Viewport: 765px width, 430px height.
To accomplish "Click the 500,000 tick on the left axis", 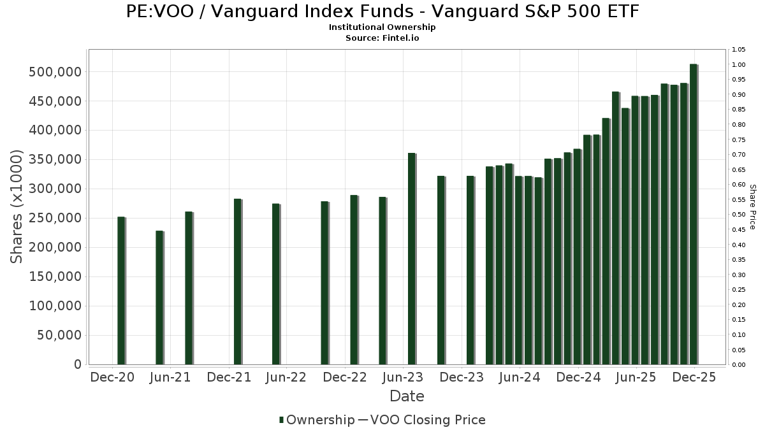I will tap(55, 72).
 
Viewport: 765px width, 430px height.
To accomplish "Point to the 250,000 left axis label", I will tap(55, 218).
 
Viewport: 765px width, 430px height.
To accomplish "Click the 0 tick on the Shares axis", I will tap(77, 364).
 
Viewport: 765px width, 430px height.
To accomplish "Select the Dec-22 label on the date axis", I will tap(345, 378).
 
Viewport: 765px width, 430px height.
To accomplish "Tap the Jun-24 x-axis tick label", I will tap(520, 378).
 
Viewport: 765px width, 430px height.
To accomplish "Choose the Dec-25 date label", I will tap(694, 378).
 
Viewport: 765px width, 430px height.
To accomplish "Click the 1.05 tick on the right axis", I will tap(739, 50).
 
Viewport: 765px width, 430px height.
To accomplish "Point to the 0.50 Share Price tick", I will tap(739, 215).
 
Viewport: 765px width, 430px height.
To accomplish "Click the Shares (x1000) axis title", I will tap(17, 206).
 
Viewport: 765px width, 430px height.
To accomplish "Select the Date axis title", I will tap(407, 396).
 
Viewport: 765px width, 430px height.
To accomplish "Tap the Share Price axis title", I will tap(752, 206).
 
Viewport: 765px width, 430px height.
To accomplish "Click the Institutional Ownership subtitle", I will tap(382, 27).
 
